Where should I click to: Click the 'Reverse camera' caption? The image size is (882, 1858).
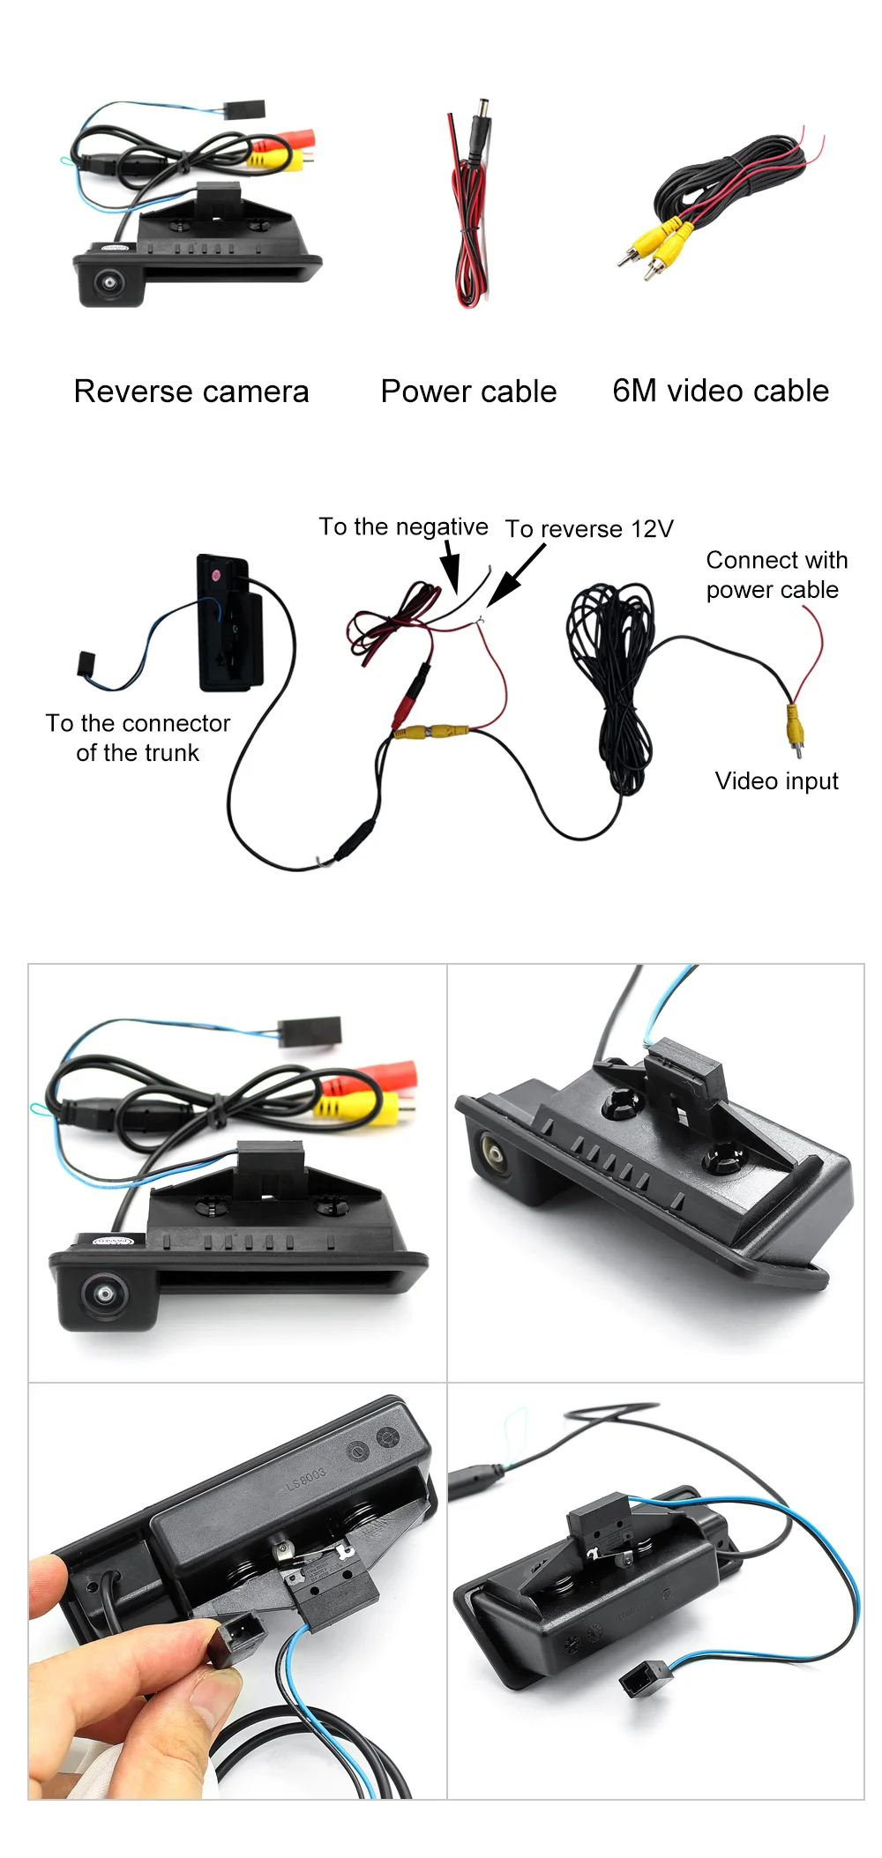pyautogui.click(x=191, y=392)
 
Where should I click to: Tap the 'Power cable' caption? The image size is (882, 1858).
pyautogui.click(x=468, y=392)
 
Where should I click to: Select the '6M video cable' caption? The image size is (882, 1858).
pyautogui.click(x=721, y=391)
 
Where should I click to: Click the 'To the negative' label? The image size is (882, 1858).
pyautogui.click(x=403, y=526)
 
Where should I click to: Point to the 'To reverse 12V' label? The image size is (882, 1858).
pyautogui.click(x=589, y=528)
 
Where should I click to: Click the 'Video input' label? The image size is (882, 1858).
pyautogui.click(x=776, y=780)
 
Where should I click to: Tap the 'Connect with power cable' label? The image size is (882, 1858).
pyautogui.click(x=776, y=575)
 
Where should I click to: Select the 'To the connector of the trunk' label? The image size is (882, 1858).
pyautogui.click(x=138, y=738)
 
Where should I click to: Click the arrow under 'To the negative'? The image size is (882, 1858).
pyautogui.click(x=451, y=566)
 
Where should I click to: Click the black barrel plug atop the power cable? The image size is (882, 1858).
pyautogui.click(x=482, y=128)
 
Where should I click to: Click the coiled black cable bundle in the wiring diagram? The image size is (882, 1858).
pyautogui.click(x=610, y=679)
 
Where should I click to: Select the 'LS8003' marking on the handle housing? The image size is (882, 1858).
pyautogui.click(x=305, y=1479)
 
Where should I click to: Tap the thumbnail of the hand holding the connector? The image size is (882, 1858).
pyautogui.click(x=238, y=1591)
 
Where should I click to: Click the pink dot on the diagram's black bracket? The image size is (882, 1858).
pyautogui.click(x=215, y=574)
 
